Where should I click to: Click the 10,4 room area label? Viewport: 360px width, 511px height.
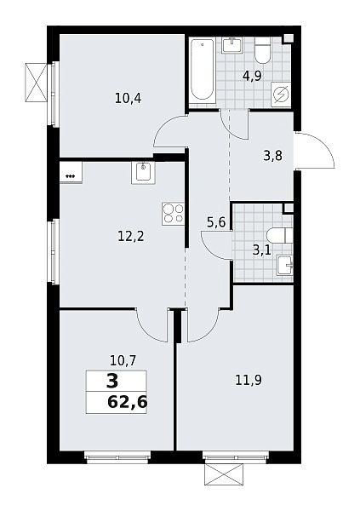pyautogui.click(x=128, y=98)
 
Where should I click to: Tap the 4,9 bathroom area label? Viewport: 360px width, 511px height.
pyautogui.click(x=253, y=77)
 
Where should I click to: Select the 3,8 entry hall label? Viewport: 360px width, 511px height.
pyautogui.click(x=272, y=156)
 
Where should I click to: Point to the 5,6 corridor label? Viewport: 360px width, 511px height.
pyautogui.click(x=216, y=222)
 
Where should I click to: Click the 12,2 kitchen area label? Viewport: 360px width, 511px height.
pyautogui.click(x=131, y=236)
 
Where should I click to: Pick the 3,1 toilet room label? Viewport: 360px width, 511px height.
pyautogui.click(x=261, y=251)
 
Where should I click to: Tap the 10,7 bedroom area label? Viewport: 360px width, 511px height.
pyautogui.click(x=123, y=361)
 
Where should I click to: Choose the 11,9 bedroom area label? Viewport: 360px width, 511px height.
pyautogui.click(x=249, y=380)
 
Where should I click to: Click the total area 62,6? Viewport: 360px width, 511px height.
pyautogui.click(x=128, y=402)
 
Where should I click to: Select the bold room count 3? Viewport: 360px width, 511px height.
pyautogui.click(x=112, y=382)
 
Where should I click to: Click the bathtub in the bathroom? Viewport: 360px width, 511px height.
pyautogui.click(x=203, y=70)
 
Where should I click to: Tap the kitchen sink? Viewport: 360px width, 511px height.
pyautogui.click(x=143, y=172)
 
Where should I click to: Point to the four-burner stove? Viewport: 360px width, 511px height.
pyautogui.click(x=173, y=214)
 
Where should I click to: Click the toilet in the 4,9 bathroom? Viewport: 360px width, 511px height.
pyautogui.click(x=263, y=51)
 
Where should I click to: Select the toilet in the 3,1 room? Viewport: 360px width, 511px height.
pyautogui.click(x=279, y=235)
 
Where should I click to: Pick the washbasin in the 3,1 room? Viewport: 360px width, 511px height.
pyautogui.click(x=284, y=266)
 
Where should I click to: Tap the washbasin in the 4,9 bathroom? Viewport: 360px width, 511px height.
pyautogui.click(x=232, y=45)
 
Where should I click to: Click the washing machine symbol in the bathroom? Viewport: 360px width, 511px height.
pyautogui.click(x=281, y=95)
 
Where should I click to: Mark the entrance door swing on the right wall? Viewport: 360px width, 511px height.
pyautogui.click(x=316, y=151)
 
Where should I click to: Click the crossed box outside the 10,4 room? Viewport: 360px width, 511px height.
pyautogui.click(x=36, y=82)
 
